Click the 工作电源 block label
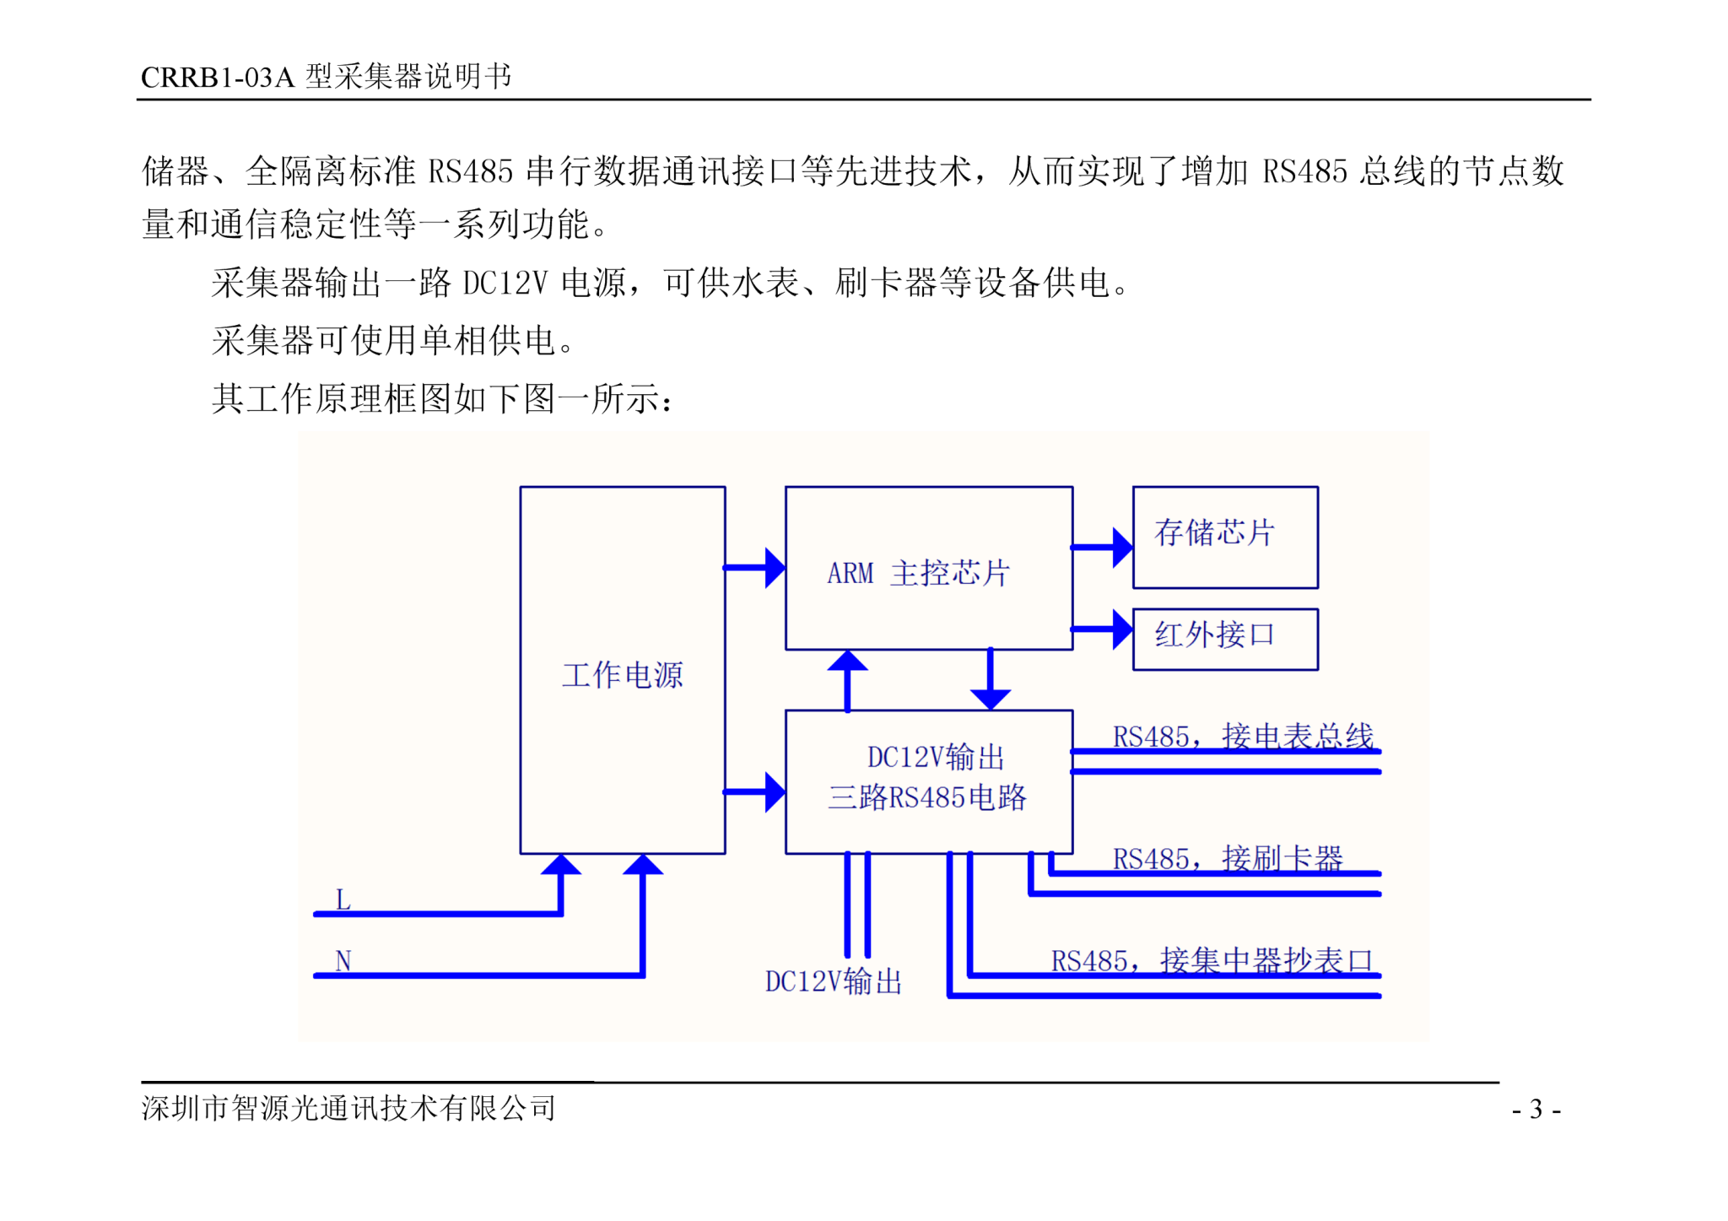click(x=623, y=675)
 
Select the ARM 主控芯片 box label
click(x=918, y=573)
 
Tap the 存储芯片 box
click(x=1225, y=538)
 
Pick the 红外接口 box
click(x=1225, y=640)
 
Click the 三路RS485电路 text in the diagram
click(x=927, y=797)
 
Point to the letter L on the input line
click(x=343, y=900)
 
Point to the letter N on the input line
click(x=343, y=961)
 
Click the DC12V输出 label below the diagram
click(x=834, y=981)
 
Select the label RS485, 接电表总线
click(x=1243, y=737)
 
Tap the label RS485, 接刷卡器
click(x=1228, y=859)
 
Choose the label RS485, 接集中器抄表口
click(x=1212, y=961)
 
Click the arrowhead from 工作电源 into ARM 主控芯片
click(x=775, y=568)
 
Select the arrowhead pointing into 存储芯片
click(x=1123, y=548)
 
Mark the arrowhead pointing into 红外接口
click(x=1123, y=629)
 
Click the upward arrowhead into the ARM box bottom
click(x=847, y=661)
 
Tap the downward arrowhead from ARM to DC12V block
click(x=991, y=700)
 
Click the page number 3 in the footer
click(x=1536, y=1109)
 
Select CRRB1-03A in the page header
click(x=218, y=78)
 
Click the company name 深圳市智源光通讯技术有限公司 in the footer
click(x=348, y=1109)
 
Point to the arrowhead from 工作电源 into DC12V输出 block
click(x=775, y=792)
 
